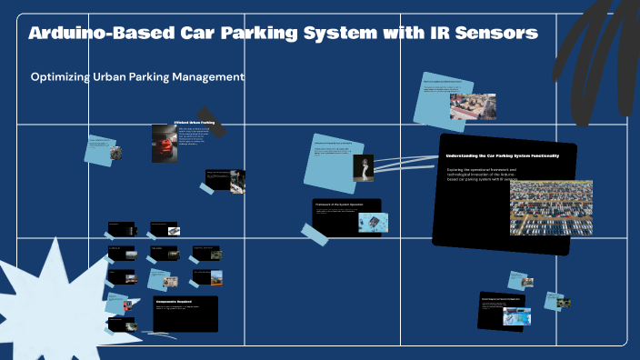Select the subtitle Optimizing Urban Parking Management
[x=137, y=78]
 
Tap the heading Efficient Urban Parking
[x=194, y=122]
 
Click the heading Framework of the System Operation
[x=338, y=204]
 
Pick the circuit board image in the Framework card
[x=373, y=222]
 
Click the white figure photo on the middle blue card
[x=364, y=168]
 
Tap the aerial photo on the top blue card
[x=473, y=106]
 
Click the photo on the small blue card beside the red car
[x=115, y=153]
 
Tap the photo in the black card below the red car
[x=236, y=181]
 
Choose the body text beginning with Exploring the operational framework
[x=482, y=175]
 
